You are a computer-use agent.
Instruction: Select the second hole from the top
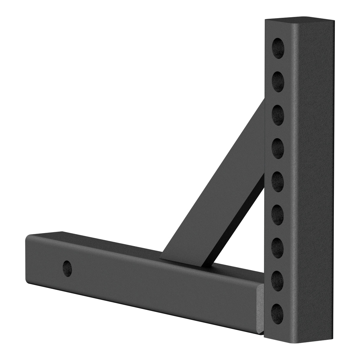coord(278,79)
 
